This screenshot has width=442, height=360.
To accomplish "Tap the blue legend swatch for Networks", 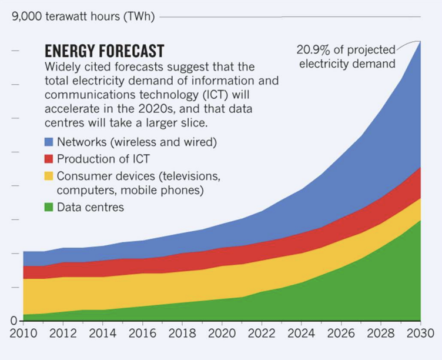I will tap(49, 142).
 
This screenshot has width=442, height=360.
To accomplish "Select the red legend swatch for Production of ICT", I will tap(49, 158).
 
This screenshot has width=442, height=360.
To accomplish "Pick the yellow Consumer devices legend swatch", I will tap(49, 175).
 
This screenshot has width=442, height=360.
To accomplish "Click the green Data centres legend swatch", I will tap(49, 207).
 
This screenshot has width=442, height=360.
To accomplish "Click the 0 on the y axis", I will tap(12, 321).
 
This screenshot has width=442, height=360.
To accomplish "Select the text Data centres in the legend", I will tap(91, 207).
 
